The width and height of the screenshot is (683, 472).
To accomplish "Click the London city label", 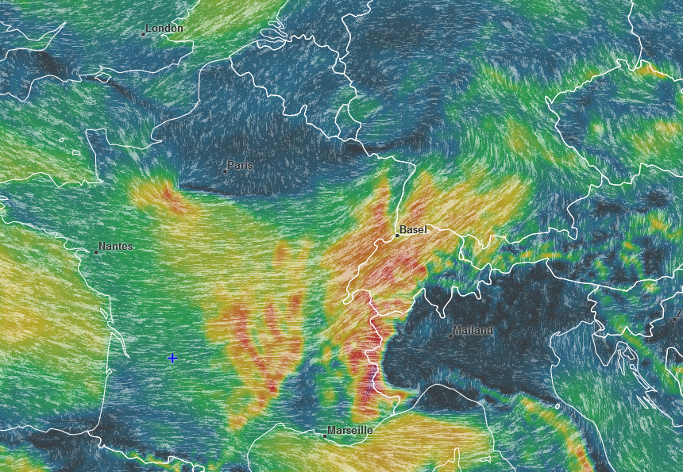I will click(x=165, y=29).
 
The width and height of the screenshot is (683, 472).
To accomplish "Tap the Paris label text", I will click(x=240, y=166).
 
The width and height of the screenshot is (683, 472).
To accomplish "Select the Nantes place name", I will click(x=116, y=247).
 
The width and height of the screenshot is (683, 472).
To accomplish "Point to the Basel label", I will click(x=413, y=229).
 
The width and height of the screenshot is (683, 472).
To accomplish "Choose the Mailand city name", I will click(x=473, y=330).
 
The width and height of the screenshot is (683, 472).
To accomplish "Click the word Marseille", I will click(x=349, y=430).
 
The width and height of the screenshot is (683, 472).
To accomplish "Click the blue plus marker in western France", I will click(x=172, y=358).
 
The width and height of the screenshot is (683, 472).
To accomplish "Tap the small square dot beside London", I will click(x=144, y=34).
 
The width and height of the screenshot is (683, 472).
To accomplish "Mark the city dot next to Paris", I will click(x=226, y=171).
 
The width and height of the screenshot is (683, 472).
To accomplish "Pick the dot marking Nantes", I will click(x=96, y=252).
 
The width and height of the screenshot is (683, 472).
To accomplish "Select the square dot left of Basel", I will click(x=397, y=235).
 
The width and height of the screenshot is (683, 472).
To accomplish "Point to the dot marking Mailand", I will click(x=450, y=336).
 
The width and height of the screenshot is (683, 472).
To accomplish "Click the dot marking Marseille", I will click(x=326, y=436).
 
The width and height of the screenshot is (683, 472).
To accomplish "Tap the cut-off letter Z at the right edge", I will click(x=679, y=314).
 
